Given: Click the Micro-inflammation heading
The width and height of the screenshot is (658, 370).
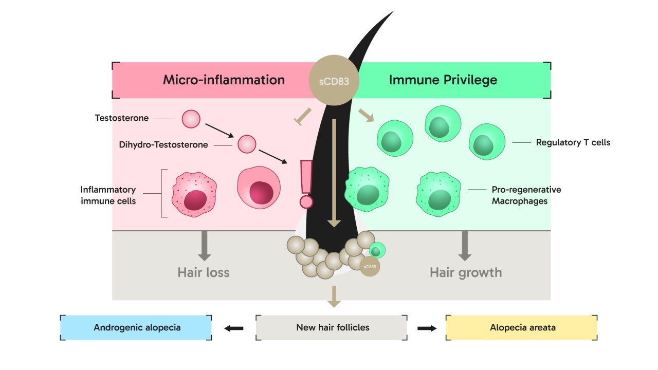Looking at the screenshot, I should point(224,80).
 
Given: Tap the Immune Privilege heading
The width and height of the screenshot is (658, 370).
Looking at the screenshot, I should point(443,80).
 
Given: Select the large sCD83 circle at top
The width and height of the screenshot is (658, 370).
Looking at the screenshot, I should point(334,80).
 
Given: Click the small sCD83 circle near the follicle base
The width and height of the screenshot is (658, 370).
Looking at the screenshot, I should point(370,267).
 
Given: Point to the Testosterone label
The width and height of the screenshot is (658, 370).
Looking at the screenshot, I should point(122,118).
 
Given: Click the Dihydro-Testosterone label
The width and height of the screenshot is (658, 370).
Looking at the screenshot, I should point(163,145).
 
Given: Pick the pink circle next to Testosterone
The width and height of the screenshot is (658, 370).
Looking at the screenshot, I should point(191,119).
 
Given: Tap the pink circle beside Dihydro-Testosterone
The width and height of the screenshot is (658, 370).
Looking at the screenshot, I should point(247,144).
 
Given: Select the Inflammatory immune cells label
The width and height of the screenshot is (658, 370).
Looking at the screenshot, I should point(108,195).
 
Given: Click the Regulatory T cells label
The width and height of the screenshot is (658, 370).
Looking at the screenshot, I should point(573,142).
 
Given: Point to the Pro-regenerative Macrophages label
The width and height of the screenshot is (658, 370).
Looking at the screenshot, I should point(526,195).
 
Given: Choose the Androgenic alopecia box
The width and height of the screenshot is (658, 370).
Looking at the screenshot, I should point(137,327).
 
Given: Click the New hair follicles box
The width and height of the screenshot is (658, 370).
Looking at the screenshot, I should point(333,327).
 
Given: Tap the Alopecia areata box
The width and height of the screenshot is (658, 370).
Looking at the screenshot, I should point(522,327).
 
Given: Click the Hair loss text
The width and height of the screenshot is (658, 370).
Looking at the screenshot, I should point(204,272).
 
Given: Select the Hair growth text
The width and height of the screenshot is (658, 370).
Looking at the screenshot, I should point(465,272).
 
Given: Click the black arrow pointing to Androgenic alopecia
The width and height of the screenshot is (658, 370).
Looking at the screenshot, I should point(234,328).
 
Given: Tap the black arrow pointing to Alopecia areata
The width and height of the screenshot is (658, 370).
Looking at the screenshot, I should point(427,328).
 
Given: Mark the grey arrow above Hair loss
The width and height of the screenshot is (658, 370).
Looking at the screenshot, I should point(204,245).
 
